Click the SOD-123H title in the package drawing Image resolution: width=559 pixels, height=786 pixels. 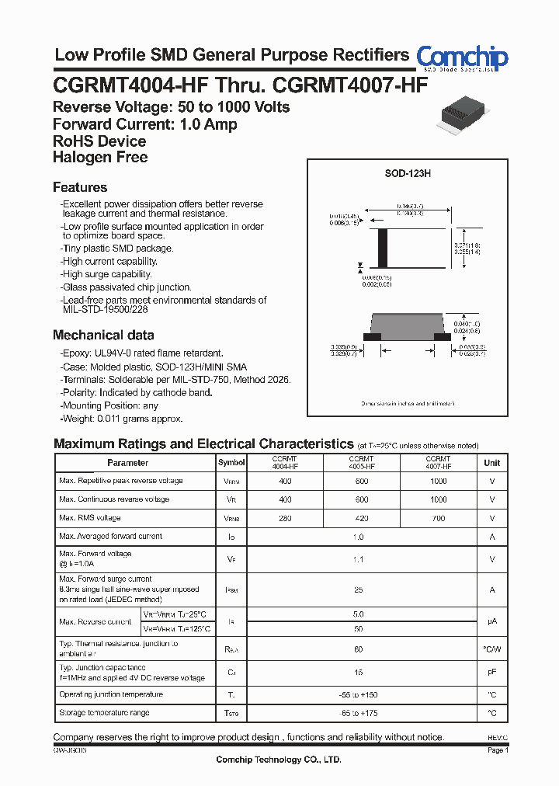(408, 174)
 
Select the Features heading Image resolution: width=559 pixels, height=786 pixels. (80, 187)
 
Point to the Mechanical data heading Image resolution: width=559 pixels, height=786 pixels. (103, 336)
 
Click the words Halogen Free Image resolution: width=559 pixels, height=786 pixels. (100, 158)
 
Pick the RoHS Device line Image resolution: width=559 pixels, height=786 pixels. (99, 141)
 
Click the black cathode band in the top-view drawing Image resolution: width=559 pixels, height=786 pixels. (381, 248)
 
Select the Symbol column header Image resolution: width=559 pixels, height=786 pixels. (231, 463)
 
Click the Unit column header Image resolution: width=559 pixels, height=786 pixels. (492, 463)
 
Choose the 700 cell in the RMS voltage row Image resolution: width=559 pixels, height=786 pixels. (439, 518)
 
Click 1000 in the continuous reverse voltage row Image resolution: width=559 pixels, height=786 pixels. (439, 499)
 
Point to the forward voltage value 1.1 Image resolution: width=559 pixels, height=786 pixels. (358, 558)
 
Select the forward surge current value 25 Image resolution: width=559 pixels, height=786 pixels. (358, 590)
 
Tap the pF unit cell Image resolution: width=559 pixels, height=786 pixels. (492, 673)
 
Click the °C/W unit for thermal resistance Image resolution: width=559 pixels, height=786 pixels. (492, 649)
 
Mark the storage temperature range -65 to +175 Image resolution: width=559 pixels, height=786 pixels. (358, 713)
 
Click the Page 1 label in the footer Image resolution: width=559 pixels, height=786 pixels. (498, 751)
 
